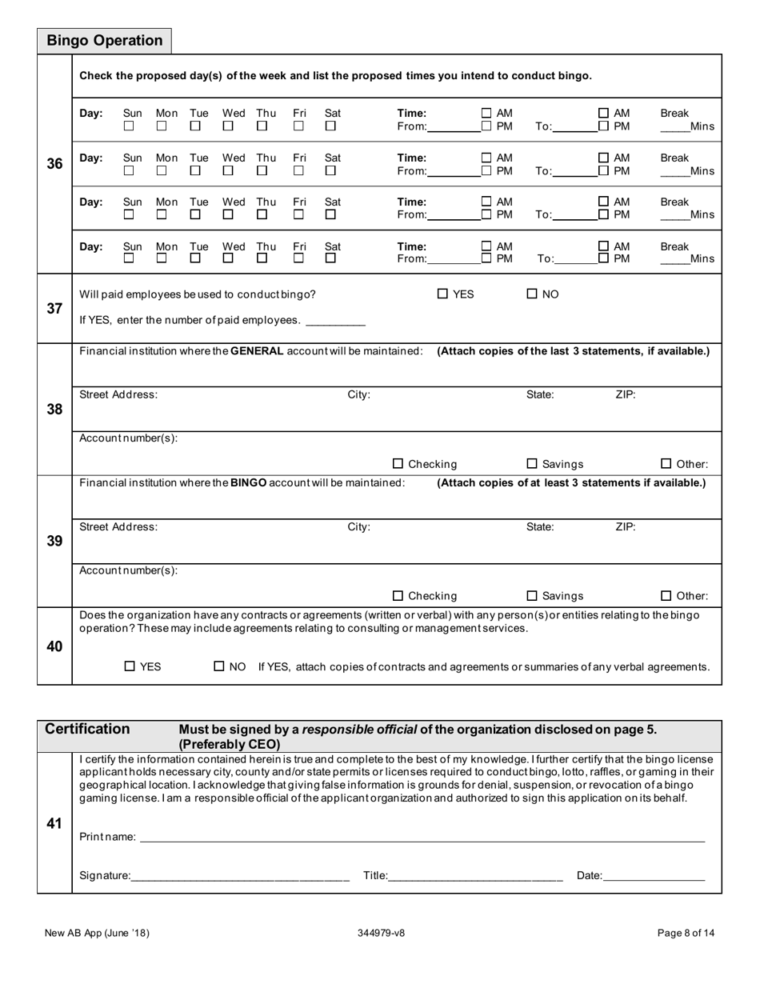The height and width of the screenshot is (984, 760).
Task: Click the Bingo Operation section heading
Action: [104, 41]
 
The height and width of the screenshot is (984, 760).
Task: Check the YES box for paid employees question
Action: [442, 294]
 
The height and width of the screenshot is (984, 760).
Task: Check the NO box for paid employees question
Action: [532, 294]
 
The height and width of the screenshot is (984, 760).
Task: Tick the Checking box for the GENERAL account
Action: [398, 463]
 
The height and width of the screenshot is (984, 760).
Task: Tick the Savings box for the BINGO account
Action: [532, 595]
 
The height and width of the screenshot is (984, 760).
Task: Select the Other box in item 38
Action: [666, 463]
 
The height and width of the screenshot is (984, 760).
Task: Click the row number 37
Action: [54, 308]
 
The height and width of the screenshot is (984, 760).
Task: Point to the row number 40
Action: [54, 646]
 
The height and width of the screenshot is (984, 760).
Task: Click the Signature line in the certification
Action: [240, 875]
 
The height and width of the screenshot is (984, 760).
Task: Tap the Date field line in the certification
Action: [654, 875]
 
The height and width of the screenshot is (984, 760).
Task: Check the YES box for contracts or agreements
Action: [130, 666]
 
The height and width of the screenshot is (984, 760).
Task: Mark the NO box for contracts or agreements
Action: [219, 666]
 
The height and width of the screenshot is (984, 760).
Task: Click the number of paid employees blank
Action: [335, 321]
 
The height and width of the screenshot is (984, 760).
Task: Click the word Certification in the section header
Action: [87, 729]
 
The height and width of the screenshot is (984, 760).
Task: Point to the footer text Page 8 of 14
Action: [686, 932]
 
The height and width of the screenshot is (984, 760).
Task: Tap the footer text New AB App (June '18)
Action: [97, 932]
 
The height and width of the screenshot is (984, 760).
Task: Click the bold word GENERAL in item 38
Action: [256, 351]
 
